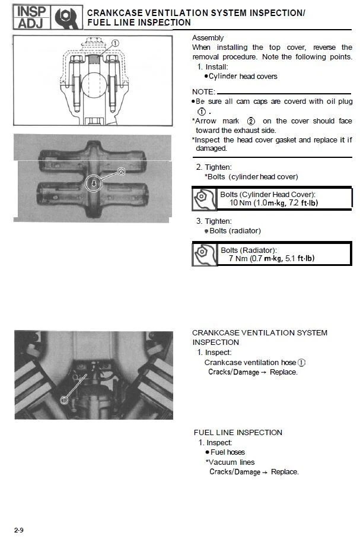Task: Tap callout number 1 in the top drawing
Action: (x=115, y=43)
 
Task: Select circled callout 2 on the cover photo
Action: (x=122, y=171)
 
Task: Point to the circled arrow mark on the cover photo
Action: (x=94, y=183)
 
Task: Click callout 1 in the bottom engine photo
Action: (x=64, y=400)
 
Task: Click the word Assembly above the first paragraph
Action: (x=208, y=37)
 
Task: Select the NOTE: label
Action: (x=203, y=92)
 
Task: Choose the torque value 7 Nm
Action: (x=239, y=258)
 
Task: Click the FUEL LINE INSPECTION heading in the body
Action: (x=238, y=432)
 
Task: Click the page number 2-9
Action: (x=19, y=529)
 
